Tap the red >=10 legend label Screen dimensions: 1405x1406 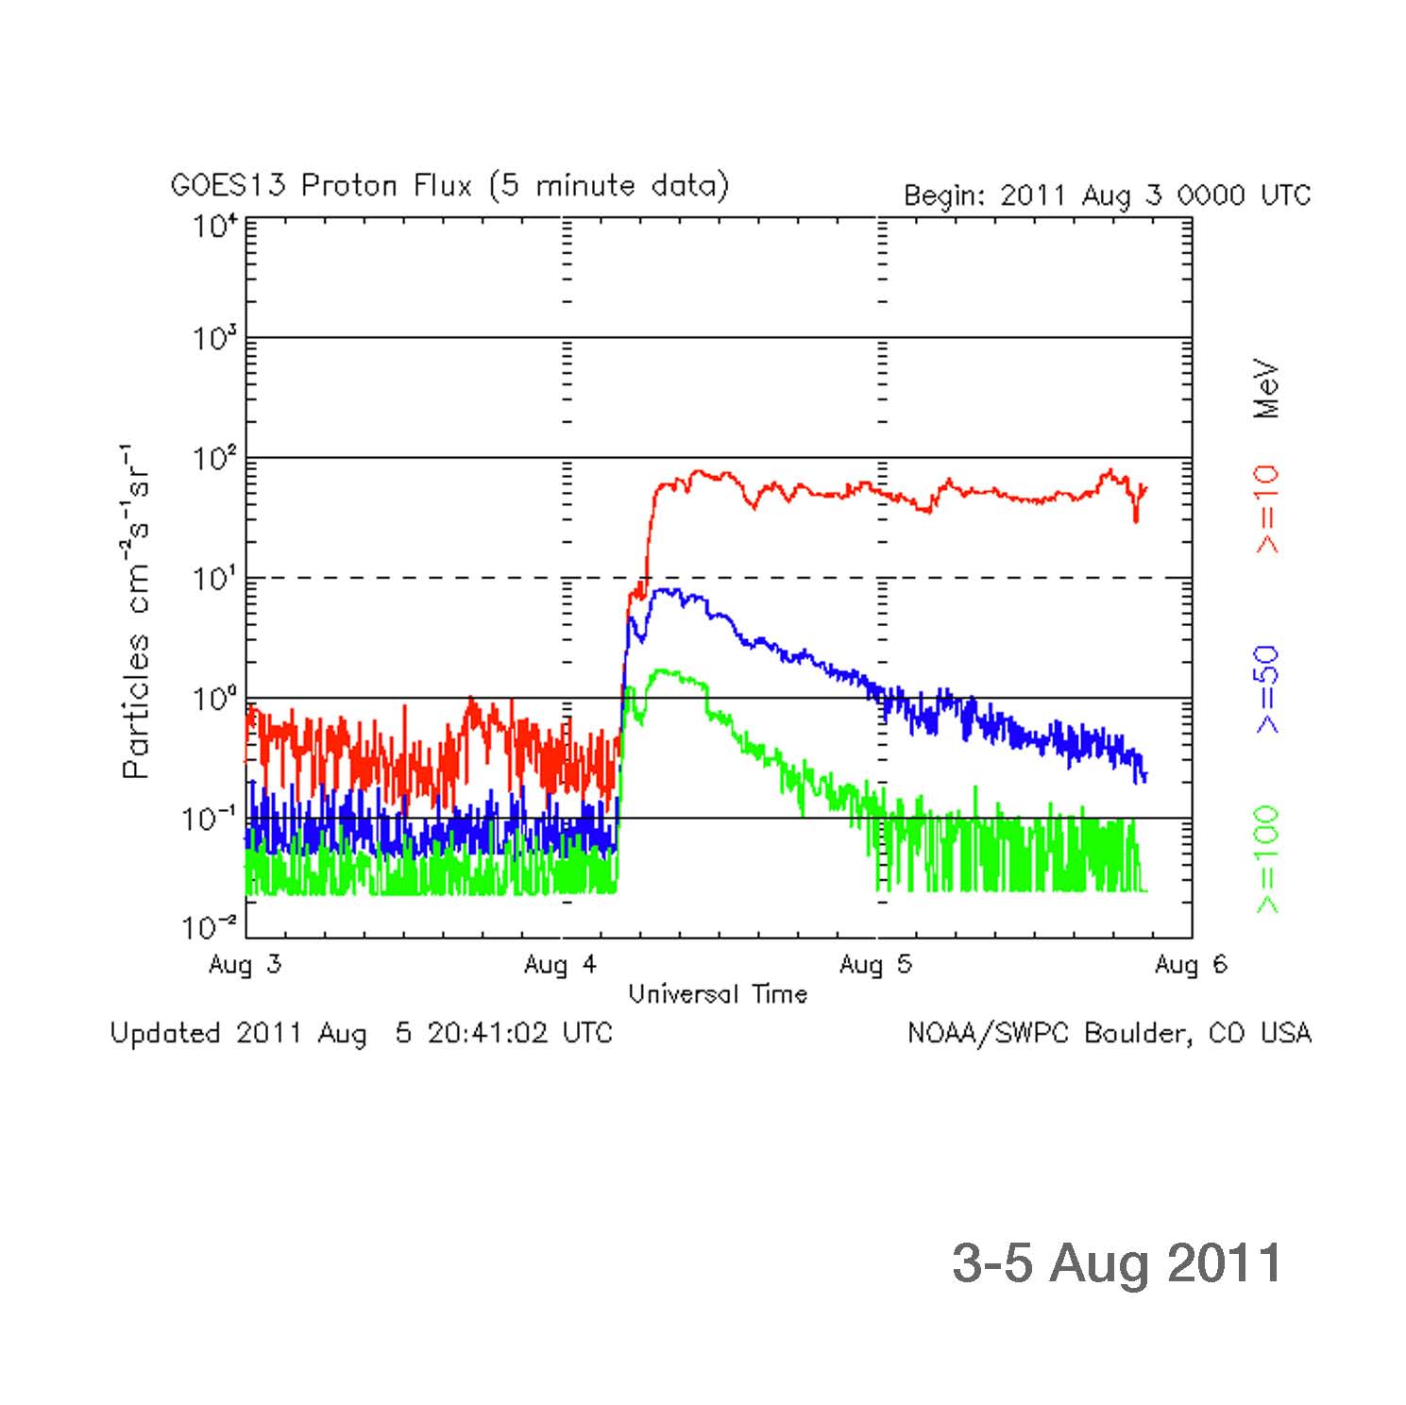[1267, 508]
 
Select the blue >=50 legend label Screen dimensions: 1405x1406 [1267, 688]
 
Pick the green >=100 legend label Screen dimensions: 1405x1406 [1267, 858]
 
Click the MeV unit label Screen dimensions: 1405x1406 [1265, 387]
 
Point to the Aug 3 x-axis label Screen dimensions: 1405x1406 [246, 964]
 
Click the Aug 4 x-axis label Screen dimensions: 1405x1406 [561, 964]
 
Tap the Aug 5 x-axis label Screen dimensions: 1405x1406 [876, 964]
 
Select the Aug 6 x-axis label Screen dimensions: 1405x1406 [1191, 964]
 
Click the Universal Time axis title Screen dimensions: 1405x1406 [718, 993]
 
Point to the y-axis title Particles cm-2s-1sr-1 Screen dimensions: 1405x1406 [134, 611]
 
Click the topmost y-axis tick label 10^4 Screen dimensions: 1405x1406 [215, 227]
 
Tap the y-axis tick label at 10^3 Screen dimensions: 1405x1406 [215, 337]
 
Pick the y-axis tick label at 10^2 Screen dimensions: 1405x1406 [215, 458]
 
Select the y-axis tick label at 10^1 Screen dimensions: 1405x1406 [215, 578]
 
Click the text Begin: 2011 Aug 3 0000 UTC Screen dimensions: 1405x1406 [1107, 195]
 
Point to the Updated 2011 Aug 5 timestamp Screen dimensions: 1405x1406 [362, 1033]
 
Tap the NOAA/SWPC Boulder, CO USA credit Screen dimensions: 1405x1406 [1109, 1033]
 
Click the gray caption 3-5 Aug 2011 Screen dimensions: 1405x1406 [1116, 1262]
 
